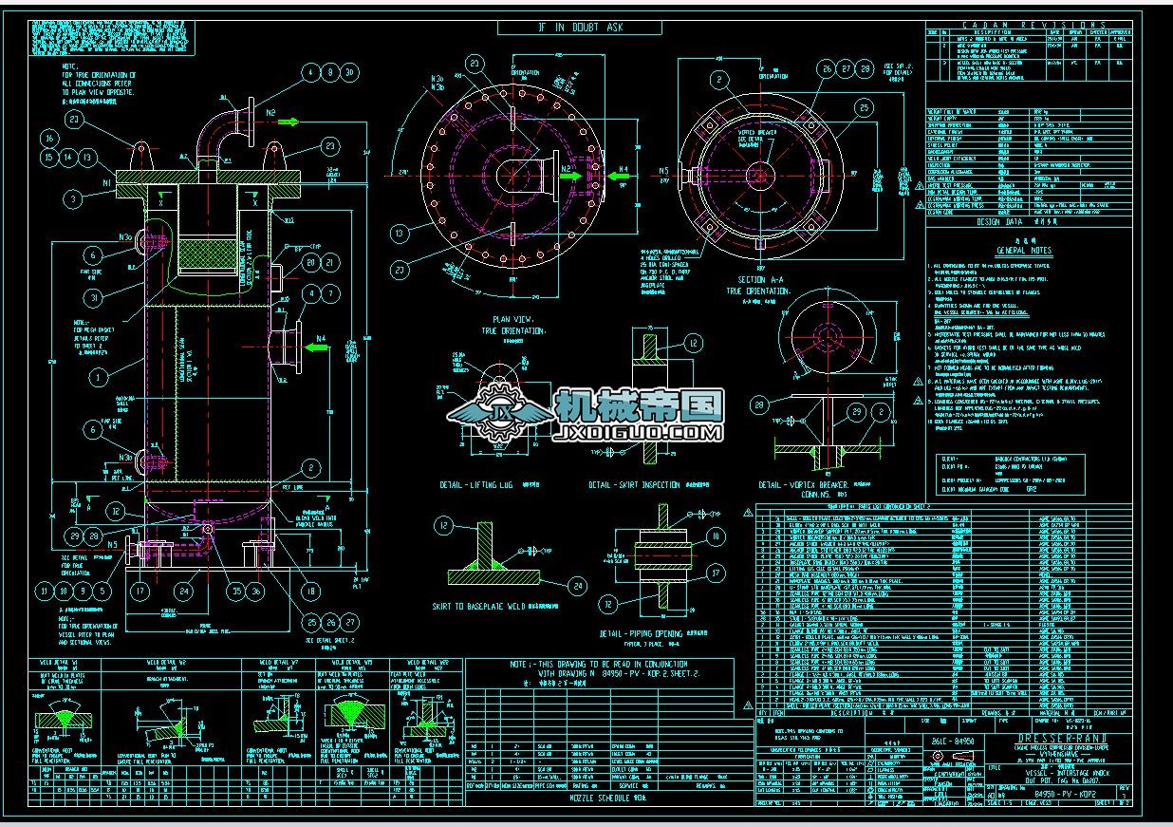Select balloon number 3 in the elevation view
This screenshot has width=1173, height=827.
73,198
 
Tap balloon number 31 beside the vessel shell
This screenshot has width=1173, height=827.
92,298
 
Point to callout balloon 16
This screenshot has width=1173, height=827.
49,139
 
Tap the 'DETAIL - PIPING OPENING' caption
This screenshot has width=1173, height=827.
640,633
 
